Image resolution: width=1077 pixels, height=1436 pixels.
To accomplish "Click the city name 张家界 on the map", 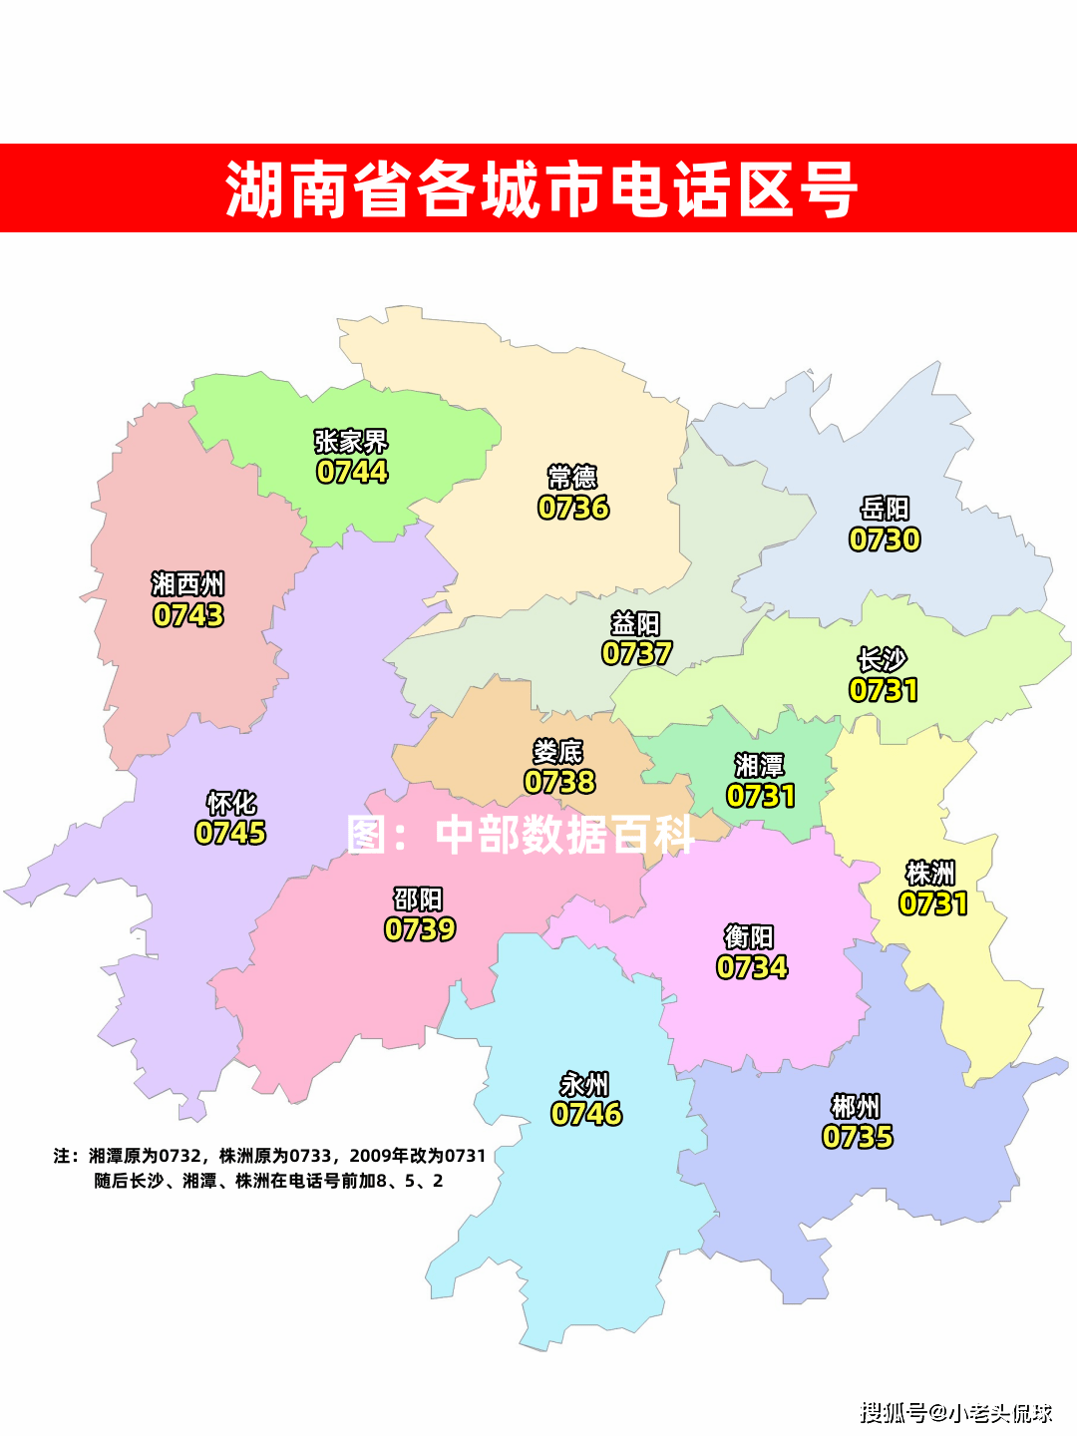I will coord(351,441).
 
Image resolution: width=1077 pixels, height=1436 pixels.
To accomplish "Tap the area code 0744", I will coord(352,472).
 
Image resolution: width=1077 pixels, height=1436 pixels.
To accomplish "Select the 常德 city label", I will coord(572,477).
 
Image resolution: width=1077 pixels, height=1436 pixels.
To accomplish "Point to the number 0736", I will coord(573,508).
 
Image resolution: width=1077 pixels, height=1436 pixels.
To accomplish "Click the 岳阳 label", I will coord(885,509).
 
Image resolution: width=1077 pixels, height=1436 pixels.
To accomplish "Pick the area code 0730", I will coord(885,539).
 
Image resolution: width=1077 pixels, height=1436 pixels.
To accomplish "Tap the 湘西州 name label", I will coord(187,583).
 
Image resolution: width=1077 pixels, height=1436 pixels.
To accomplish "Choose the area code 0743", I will coord(188,615).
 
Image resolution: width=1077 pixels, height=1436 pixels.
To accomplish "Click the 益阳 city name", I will coord(635,624).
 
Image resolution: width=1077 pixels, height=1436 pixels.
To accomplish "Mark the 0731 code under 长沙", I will coord(884,690).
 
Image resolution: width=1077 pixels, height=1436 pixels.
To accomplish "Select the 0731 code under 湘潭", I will coord(761,796).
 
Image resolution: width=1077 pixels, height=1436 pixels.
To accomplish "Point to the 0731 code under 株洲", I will coord(933,903).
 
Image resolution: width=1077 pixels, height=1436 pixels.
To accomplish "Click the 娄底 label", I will coord(558,751).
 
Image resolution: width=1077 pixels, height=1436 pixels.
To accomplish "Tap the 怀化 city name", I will coord(231,803).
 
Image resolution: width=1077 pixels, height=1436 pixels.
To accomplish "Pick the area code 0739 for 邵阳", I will coord(420,929).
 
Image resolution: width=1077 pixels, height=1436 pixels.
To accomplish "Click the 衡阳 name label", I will coord(749,936).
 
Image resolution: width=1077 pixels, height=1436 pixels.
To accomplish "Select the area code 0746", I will coord(586,1114).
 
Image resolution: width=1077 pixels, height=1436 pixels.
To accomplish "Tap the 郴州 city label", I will coord(856,1106).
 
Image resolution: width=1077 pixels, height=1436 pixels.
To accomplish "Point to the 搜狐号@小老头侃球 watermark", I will coord(955,1412).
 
